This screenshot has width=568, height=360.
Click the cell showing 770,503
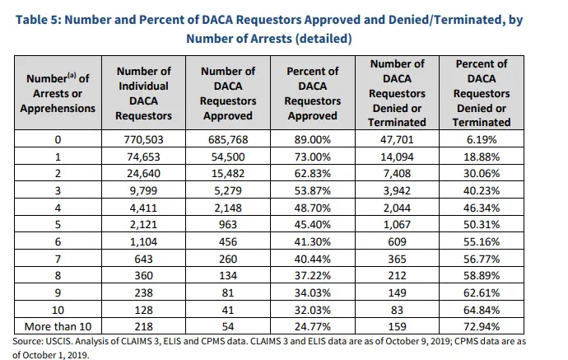(x=143, y=139)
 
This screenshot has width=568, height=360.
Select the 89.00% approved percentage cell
(x=312, y=139)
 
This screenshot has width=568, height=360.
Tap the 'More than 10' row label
(x=58, y=327)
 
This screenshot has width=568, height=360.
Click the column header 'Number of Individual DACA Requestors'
(x=143, y=93)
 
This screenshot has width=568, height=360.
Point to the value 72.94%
(x=482, y=327)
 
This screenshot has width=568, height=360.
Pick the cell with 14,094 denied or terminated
(x=397, y=157)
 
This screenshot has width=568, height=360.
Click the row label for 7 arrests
(x=58, y=259)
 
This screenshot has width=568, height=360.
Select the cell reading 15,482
(x=228, y=174)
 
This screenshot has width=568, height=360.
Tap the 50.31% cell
(x=482, y=225)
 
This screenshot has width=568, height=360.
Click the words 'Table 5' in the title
(x=37, y=20)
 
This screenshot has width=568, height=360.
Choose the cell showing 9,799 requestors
(x=143, y=190)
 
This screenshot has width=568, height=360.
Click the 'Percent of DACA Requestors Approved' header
(x=312, y=93)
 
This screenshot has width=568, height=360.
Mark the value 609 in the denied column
(x=397, y=242)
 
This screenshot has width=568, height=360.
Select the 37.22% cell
(x=312, y=276)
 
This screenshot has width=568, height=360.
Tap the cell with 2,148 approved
(x=228, y=208)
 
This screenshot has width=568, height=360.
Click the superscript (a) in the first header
(x=72, y=76)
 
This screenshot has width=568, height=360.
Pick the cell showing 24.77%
(x=312, y=327)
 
